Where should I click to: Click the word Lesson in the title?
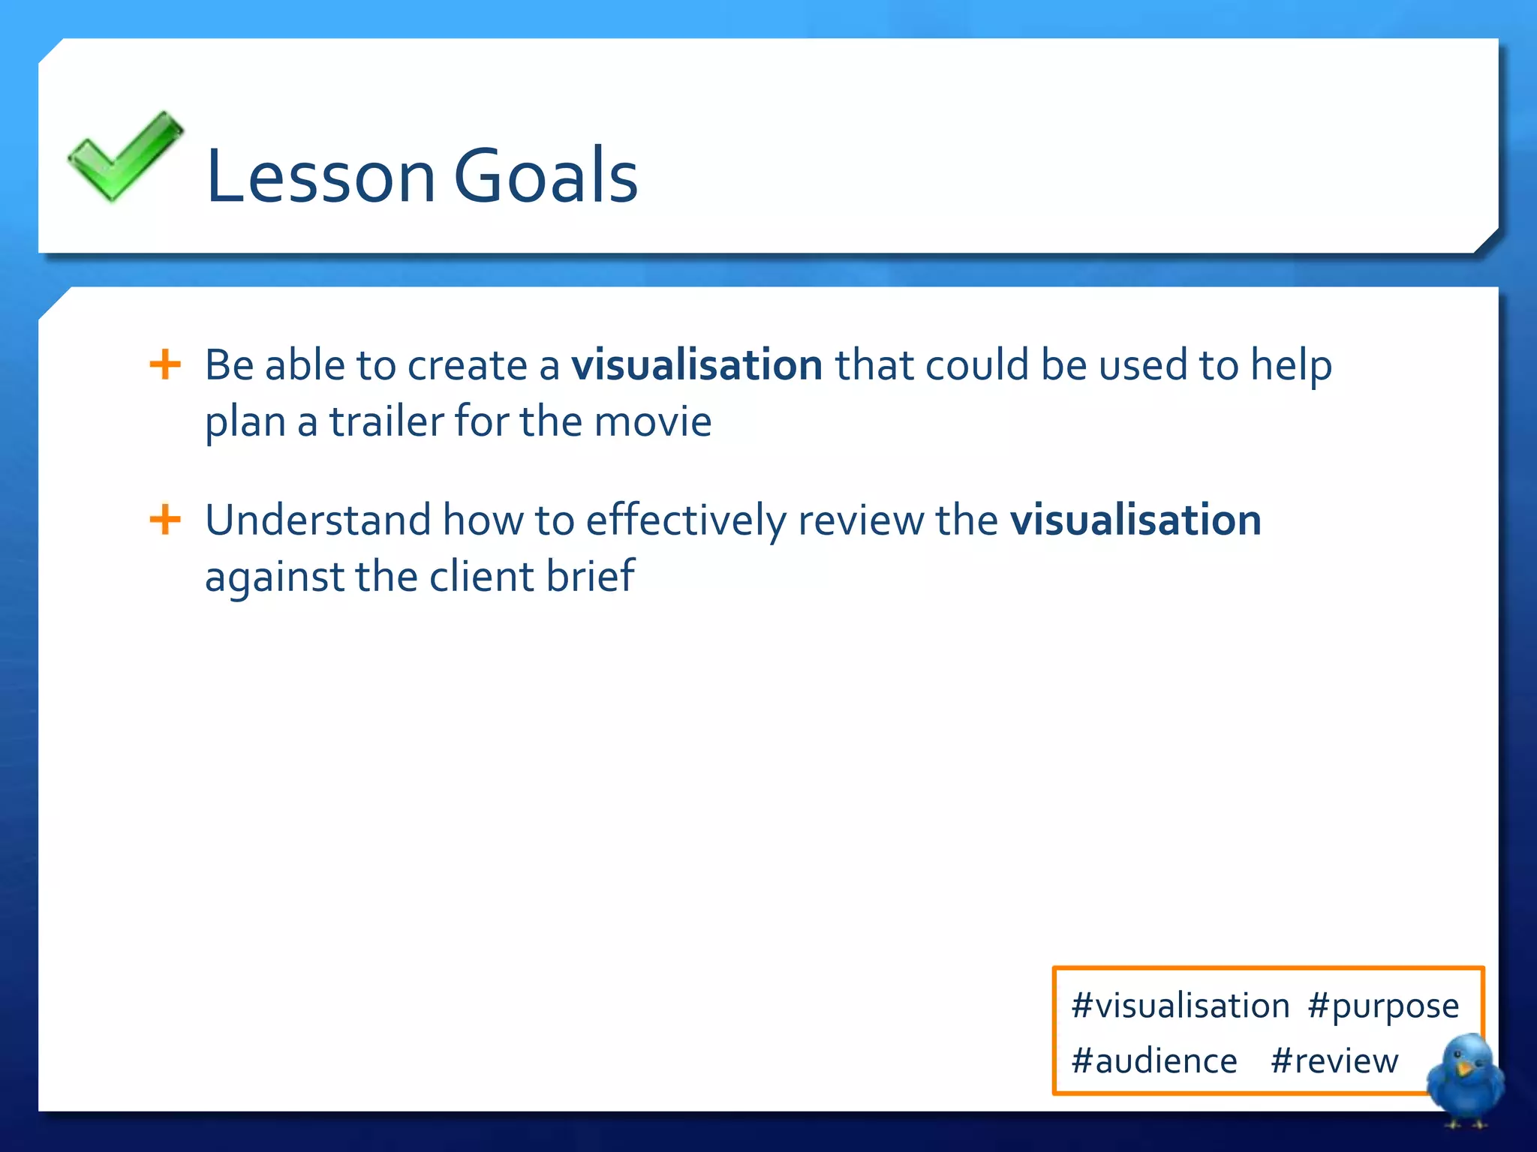(320, 176)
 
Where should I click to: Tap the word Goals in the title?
(546, 176)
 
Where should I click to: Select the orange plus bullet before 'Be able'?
(165, 365)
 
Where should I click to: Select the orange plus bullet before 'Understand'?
(165, 520)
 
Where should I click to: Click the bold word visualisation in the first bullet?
(696, 365)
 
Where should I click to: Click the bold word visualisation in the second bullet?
(1135, 520)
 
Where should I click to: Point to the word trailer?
(387, 421)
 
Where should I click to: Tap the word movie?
(652, 421)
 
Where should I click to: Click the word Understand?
(317, 520)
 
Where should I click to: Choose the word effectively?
(685, 520)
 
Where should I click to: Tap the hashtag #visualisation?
(1181, 1006)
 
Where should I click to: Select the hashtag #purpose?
(1382, 1006)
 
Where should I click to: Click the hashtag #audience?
(1154, 1061)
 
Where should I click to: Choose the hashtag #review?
(1334, 1061)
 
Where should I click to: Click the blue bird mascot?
(1465, 1078)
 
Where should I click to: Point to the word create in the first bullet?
(467, 365)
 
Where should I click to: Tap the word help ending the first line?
(1291, 365)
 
